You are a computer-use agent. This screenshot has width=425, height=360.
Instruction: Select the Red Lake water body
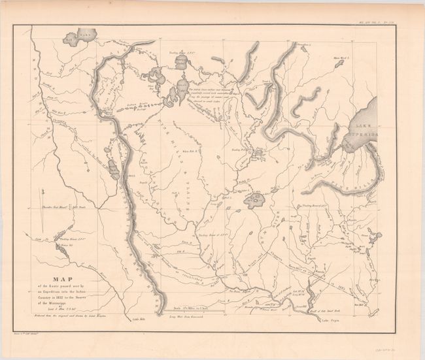77,37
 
